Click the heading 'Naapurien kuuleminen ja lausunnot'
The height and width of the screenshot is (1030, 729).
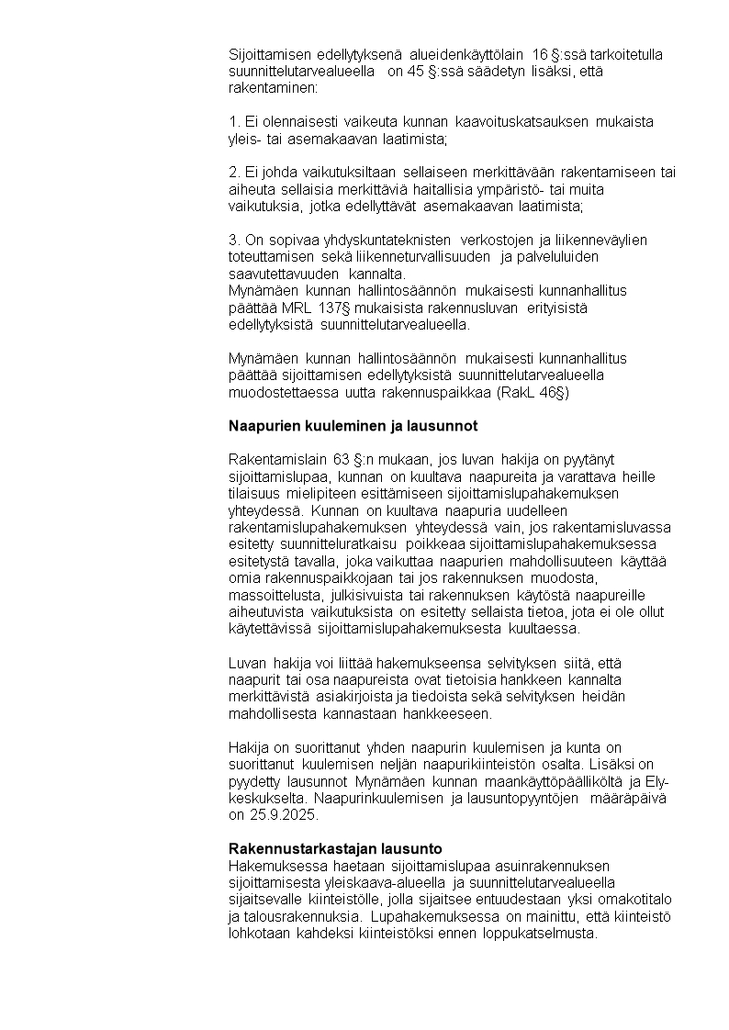pyautogui.click(x=353, y=426)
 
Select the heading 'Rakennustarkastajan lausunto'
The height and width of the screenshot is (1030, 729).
pyautogui.click(x=335, y=848)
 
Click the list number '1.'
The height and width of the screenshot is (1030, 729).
pyautogui.click(x=234, y=122)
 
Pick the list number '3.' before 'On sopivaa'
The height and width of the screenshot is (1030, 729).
pyautogui.click(x=234, y=241)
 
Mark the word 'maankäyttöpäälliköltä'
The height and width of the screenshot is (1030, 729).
pyautogui.click(x=544, y=782)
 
